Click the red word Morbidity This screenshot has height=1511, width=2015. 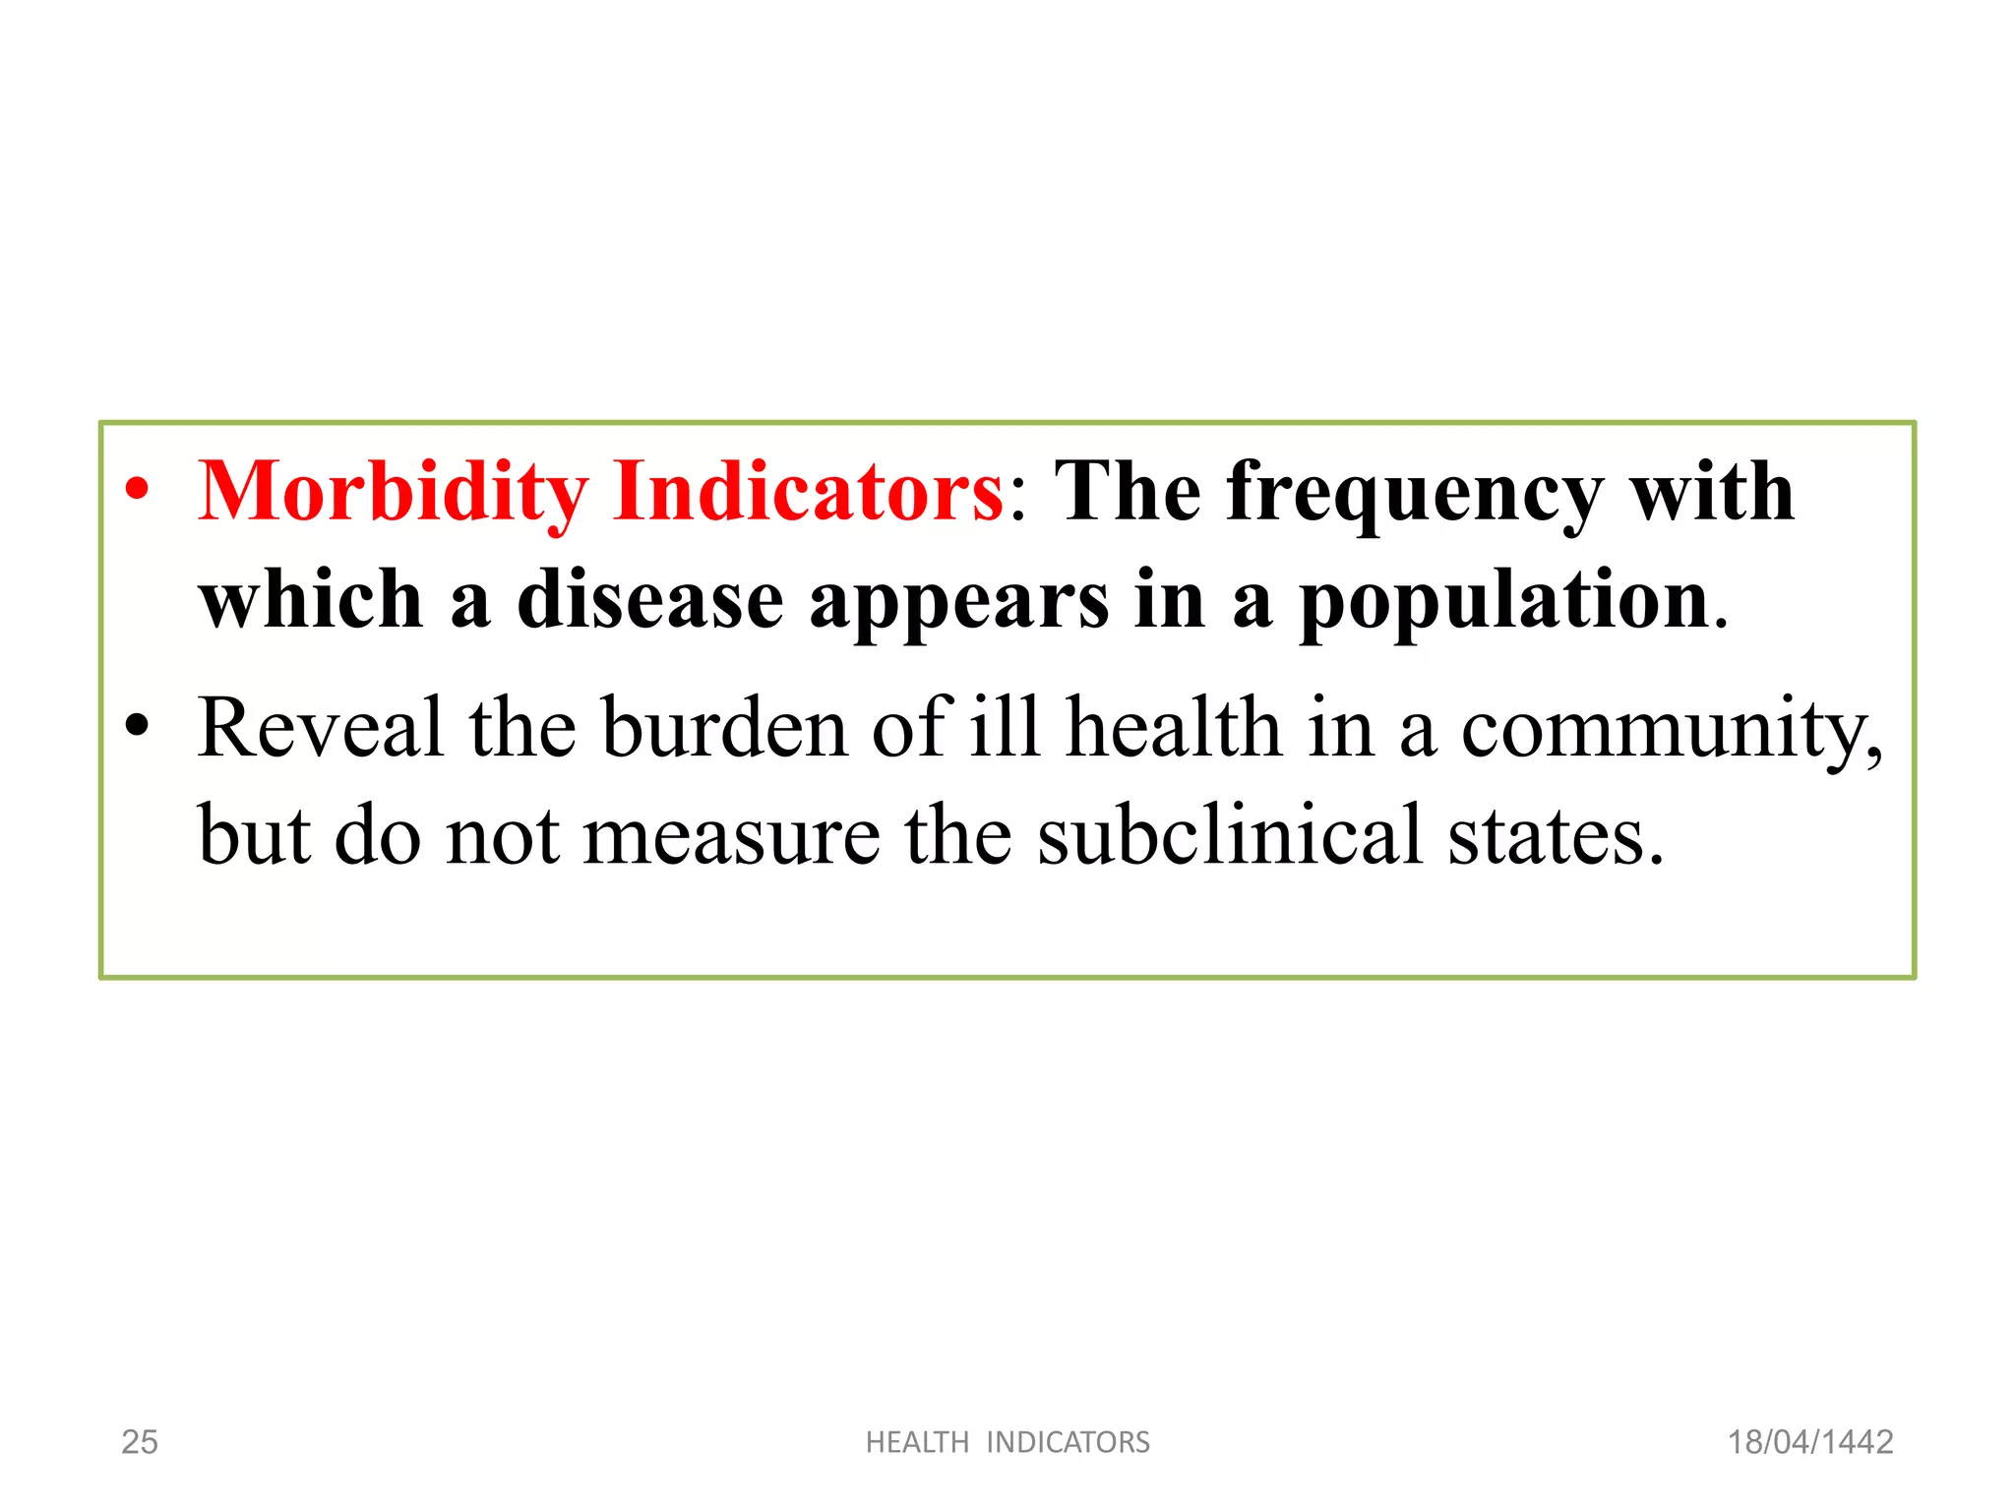click(394, 492)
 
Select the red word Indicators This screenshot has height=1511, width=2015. click(808, 491)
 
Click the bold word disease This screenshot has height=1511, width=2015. click(649, 600)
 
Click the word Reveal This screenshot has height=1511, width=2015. click(321, 727)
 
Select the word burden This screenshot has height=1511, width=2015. click(725, 727)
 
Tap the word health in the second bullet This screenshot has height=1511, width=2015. click(1175, 727)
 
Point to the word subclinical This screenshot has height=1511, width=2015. click(1230, 836)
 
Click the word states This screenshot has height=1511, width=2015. click(1555, 836)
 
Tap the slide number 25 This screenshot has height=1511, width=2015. click(140, 1442)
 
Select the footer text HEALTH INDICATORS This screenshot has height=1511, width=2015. click(1007, 1442)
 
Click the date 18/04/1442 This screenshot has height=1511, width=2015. click(1810, 1442)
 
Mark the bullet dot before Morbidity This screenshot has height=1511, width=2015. click(138, 489)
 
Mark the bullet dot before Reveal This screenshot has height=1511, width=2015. click(138, 726)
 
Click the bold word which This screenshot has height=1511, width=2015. click(311, 600)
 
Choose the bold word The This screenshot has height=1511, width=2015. click(1128, 491)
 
